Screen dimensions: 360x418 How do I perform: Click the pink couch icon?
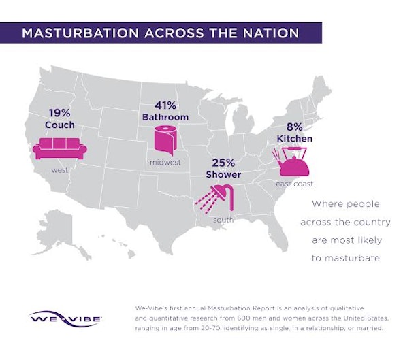[61, 147]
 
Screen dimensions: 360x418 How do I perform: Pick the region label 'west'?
[61, 170]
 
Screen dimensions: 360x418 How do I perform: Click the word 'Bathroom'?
[165, 117]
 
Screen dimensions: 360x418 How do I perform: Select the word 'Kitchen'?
[295, 139]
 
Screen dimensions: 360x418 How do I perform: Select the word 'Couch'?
[61, 126]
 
